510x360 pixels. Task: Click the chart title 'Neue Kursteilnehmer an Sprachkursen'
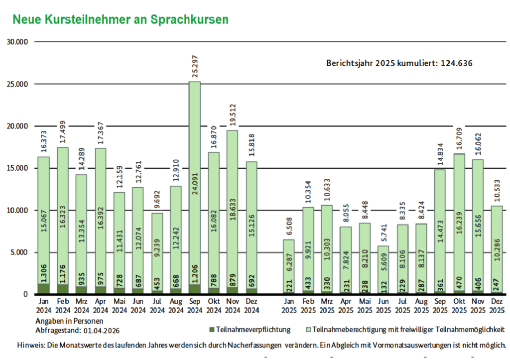click(120, 19)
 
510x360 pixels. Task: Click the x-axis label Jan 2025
click(289, 306)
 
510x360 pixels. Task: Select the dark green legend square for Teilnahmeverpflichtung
click(212, 330)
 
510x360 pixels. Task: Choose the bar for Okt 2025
click(459, 224)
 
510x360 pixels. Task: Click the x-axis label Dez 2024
click(252, 306)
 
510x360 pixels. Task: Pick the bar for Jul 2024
click(157, 254)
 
